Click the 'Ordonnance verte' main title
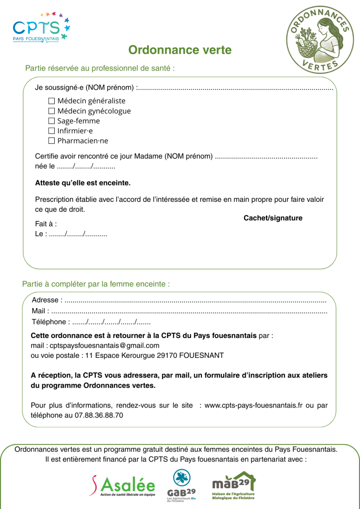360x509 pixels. click(180, 50)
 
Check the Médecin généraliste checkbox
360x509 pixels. click(51, 101)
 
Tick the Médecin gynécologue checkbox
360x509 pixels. click(51, 111)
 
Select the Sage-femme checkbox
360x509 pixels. click(51, 121)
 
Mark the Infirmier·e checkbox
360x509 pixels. click(51, 131)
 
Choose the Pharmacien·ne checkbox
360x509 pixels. click(51, 141)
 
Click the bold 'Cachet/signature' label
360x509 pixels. click(272, 218)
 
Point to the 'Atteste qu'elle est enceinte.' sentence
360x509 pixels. click(83, 183)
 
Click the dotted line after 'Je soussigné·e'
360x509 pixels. click(234, 88)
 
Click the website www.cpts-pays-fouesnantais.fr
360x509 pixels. click(254, 405)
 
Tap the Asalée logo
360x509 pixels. click(122, 485)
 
